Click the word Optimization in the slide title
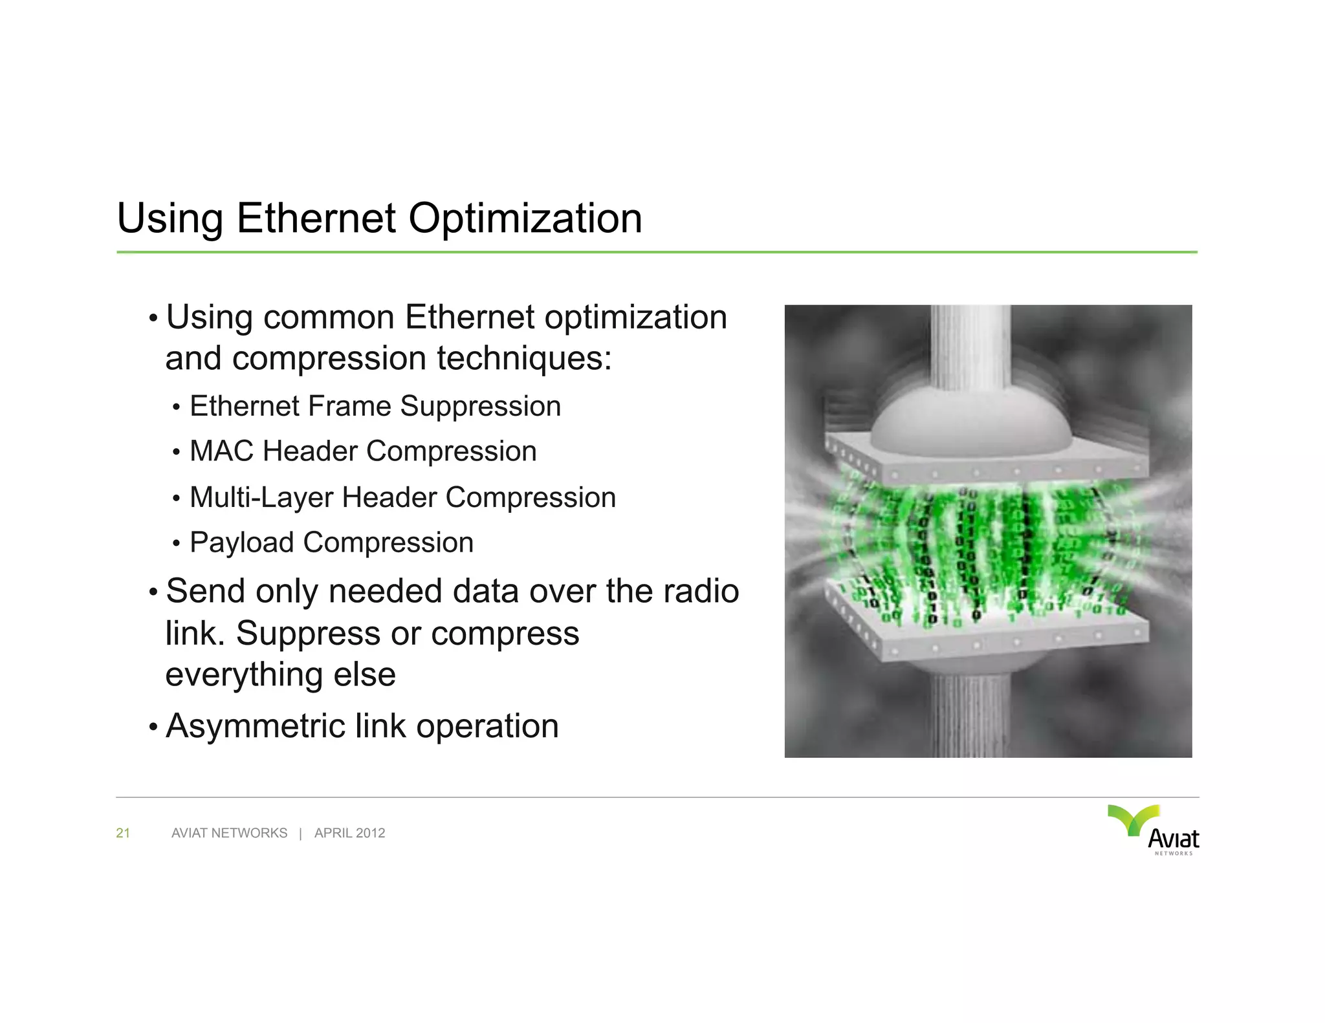coord(525,219)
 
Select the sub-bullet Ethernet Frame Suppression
coord(375,407)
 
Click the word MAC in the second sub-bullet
coord(221,451)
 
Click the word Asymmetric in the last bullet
coord(255,726)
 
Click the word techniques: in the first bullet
coord(524,358)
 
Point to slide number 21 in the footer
coord(123,833)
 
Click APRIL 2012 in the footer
coord(349,833)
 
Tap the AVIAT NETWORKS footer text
coord(229,833)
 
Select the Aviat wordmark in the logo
coord(1173,839)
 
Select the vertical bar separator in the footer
coord(301,833)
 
